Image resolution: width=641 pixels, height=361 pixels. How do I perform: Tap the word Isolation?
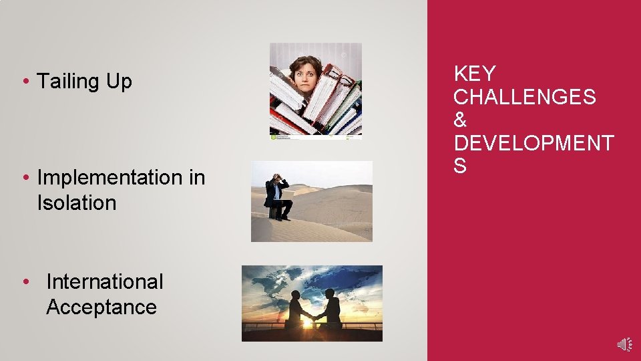point(77,203)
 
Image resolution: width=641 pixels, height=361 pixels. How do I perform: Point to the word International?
point(105,282)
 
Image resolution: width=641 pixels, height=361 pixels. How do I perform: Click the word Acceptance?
point(101,308)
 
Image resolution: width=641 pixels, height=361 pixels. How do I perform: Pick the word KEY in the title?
point(474,74)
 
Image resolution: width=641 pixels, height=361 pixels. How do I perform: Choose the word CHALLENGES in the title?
point(524,97)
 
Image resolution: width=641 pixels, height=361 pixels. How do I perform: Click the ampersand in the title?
point(460,120)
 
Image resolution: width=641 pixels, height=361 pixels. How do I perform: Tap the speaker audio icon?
point(624,344)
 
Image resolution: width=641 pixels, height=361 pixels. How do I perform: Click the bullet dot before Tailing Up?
point(24,82)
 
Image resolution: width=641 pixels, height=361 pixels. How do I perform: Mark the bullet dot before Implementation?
point(24,178)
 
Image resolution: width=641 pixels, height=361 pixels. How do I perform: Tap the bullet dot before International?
point(25,282)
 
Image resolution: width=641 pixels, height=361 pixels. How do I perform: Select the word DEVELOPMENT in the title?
point(533,144)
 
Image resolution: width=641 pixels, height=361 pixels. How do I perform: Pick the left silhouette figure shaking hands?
point(294,311)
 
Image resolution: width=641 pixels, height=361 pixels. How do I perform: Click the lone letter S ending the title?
point(460,166)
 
